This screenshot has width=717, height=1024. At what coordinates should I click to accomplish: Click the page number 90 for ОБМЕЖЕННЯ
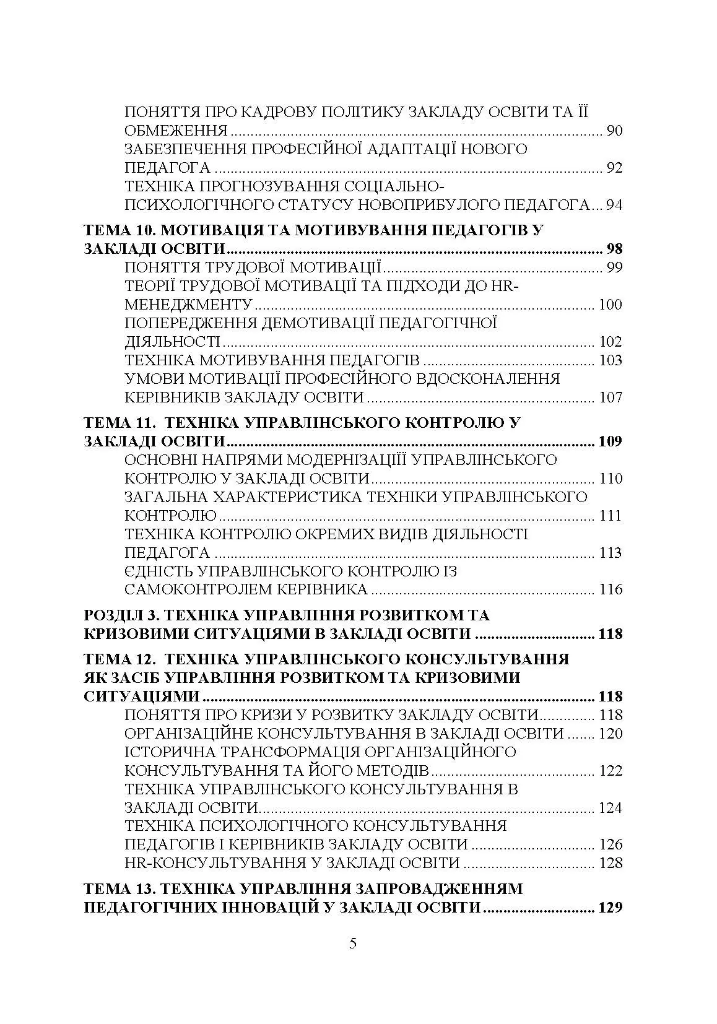tap(614, 131)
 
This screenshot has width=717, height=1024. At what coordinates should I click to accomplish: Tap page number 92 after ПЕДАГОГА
tap(614, 168)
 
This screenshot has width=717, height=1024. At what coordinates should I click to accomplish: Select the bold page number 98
tap(614, 249)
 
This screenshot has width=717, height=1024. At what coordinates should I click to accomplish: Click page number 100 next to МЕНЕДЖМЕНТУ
tap(611, 305)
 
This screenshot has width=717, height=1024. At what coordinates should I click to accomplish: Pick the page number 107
tap(611, 397)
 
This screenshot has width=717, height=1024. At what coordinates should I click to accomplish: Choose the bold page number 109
tap(610, 442)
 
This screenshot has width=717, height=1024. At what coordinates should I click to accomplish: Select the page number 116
tap(611, 589)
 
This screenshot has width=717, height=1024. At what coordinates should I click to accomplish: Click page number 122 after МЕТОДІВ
tap(611, 771)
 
